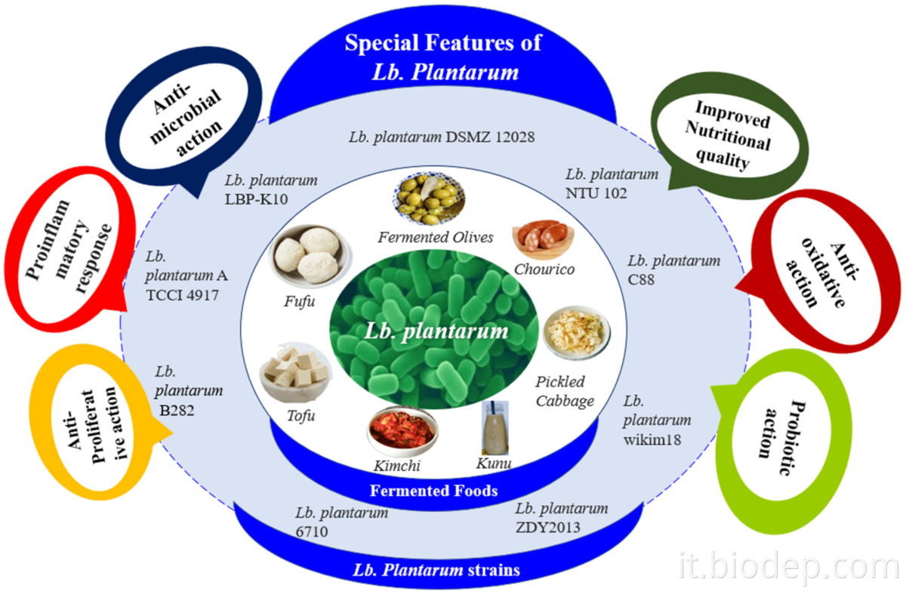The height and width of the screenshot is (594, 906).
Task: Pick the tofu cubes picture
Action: pos(294,372)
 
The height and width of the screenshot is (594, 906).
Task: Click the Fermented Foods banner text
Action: pos(434,491)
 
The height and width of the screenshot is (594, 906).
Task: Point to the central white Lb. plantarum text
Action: pos(436,331)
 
